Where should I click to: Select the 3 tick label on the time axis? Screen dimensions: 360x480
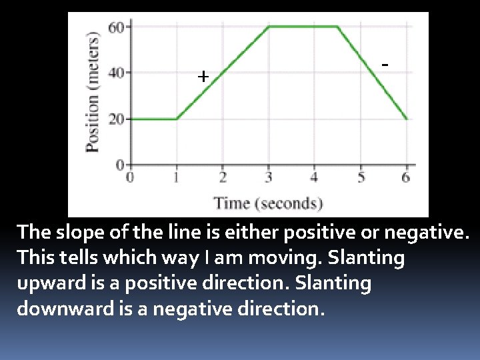pos(269,177)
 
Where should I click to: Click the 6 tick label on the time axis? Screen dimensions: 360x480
pos(406,177)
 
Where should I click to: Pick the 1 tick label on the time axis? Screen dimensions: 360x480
pos(176,177)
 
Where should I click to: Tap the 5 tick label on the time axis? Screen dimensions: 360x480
pos(361,177)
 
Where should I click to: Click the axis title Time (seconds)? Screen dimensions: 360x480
pos(268,203)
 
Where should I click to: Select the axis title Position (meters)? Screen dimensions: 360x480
pos(93,93)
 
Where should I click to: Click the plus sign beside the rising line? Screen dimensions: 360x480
pos(203,77)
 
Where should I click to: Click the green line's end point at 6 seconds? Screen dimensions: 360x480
pos(406,119)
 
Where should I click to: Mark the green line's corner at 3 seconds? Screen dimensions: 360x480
pos(268,27)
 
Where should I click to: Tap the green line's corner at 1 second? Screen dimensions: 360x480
pos(177,119)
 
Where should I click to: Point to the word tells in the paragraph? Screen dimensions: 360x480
pos(89,258)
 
